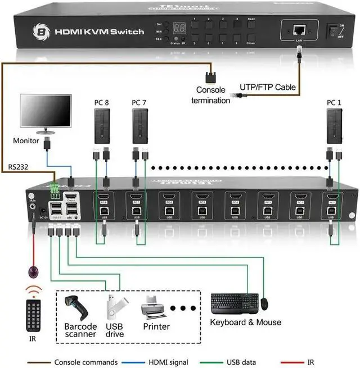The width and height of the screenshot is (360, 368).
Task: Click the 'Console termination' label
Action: point(211,95)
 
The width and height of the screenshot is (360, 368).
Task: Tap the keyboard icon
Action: point(235,304)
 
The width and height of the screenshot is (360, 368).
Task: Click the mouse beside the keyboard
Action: point(264,303)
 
